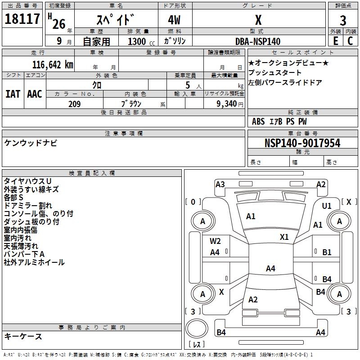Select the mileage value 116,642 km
point(52,64)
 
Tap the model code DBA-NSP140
point(258,41)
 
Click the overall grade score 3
point(343,20)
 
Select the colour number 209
point(74,104)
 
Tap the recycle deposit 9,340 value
point(226,104)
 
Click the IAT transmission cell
point(13,94)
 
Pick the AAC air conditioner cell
point(35,94)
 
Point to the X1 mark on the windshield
point(284,237)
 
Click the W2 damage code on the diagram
point(215,241)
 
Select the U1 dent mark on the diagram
point(327,206)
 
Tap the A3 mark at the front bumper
point(220,184)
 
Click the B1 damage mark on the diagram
point(327,252)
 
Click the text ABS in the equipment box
point(258,121)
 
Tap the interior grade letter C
point(350,41)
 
